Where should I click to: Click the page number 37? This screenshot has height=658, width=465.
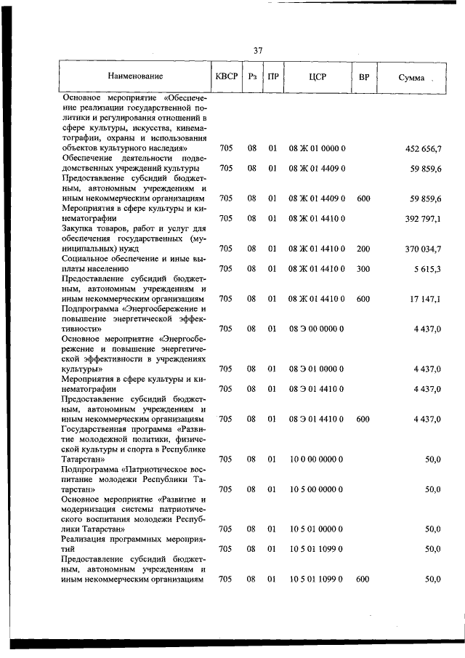(258, 50)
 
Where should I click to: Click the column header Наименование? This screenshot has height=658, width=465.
(136, 76)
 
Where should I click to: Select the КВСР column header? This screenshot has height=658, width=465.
(227, 76)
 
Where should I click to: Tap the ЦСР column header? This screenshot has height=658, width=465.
(316, 76)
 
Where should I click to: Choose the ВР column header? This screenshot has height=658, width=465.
(363, 76)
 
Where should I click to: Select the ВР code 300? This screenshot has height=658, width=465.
(363, 268)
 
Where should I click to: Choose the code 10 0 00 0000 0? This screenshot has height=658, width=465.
(316, 459)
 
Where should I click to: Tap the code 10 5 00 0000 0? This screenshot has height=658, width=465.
(316, 489)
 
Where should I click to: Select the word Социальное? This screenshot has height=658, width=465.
(89, 258)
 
